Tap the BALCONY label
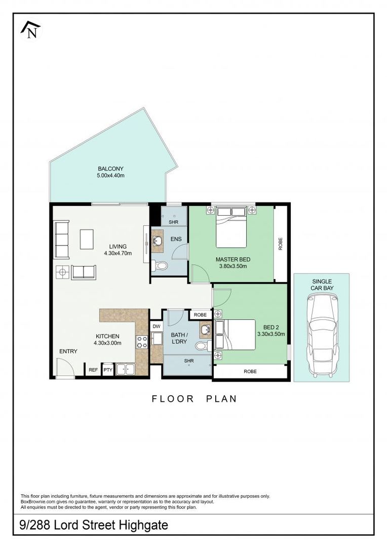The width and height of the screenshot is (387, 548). pyautogui.click(x=110, y=168)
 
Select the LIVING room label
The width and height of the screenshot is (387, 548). pyautogui.click(x=118, y=247)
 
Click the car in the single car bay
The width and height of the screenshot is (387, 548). pyautogui.click(x=323, y=333)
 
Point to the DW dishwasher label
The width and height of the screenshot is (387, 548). pyautogui.click(x=156, y=326)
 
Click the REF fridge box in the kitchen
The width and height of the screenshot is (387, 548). pyautogui.click(x=93, y=370)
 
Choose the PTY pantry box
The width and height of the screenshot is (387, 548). pyautogui.click(x=108, y=370)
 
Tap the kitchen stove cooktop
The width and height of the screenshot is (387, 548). pyautogui.click(x=142, y=341)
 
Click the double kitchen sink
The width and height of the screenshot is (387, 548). pyautogui.click(x=126, y=369)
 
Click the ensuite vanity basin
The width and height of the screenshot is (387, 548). pyautogui.click(x=157, y=241)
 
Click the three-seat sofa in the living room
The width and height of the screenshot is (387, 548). pyautogui.click(x=62, y=239)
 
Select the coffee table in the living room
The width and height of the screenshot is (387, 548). pyautogui.click(x=87, y=239)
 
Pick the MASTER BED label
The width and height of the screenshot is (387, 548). pyautogui.click(x=233, y=259)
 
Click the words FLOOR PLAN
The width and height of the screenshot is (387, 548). pyautogui.click(x=194, y=399)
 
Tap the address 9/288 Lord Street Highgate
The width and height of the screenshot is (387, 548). pyautogui.click(x=94, y=525)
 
